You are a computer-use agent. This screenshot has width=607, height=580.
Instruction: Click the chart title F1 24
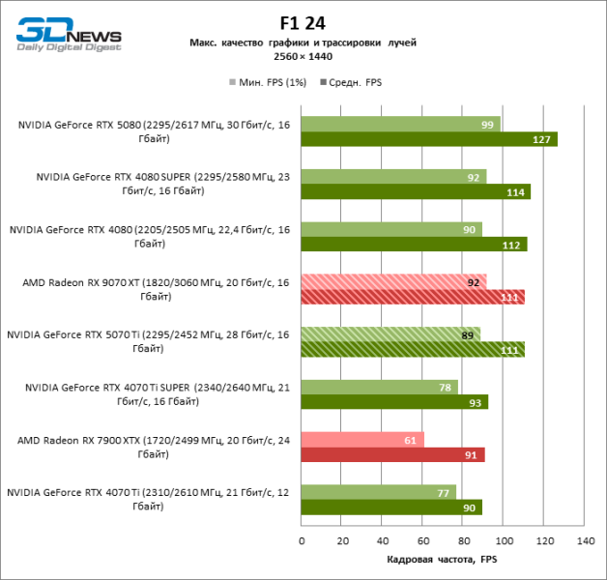303,23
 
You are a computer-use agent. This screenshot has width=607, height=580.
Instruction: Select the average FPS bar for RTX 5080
429,139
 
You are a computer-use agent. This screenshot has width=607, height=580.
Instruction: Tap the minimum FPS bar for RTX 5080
400,125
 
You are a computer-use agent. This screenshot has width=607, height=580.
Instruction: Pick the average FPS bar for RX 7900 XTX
392,454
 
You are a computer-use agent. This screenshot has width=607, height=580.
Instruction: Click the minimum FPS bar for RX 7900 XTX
362,440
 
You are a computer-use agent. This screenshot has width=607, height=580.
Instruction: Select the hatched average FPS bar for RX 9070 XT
413,297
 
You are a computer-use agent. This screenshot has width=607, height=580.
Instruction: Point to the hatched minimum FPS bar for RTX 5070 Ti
390,334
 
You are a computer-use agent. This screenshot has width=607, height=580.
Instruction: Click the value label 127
542,139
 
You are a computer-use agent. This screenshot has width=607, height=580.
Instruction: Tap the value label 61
411,440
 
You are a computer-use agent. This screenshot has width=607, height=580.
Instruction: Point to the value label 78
446,388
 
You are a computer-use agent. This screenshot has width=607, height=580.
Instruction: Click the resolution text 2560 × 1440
303,57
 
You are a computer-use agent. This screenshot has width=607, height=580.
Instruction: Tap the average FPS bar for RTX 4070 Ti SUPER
394,402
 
